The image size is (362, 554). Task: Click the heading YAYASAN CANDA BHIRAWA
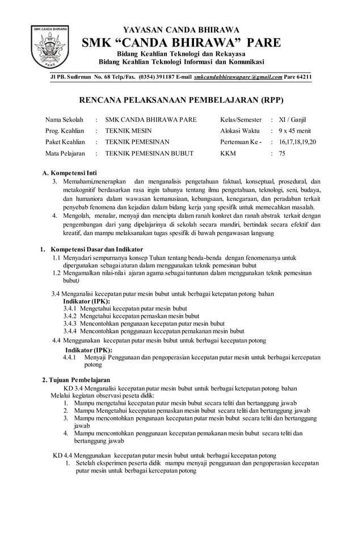tap(181, 30)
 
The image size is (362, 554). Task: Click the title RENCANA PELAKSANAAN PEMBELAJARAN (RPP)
tap(180, 100)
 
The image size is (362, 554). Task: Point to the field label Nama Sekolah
tap(64, 120)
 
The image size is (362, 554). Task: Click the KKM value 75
tap(282, 153)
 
